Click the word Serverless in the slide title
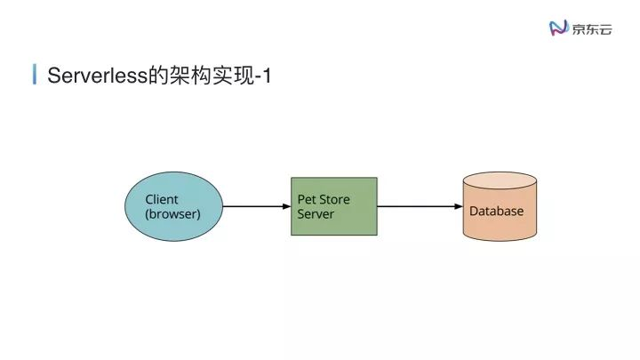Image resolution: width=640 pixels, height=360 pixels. point(97,76)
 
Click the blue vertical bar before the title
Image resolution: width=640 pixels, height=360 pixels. point(35,75)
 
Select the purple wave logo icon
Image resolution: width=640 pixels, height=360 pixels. point(557,28)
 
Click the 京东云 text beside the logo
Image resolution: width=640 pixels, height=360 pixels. point(592,28)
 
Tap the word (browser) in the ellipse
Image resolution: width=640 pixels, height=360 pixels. point(172,214)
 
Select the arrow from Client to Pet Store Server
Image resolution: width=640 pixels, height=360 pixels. point(253,207)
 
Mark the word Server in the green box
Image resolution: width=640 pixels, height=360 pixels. point(316,214)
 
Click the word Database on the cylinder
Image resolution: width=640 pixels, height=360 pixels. point(496,212)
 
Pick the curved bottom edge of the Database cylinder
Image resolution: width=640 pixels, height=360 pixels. point(500,241)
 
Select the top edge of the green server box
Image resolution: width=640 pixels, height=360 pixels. point(334,178)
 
